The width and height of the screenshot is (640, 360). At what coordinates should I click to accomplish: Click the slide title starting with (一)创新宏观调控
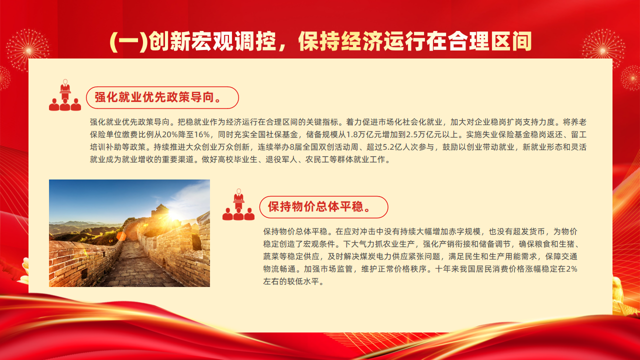(320, 41)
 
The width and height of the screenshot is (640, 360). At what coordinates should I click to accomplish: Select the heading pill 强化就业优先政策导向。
(162, 97)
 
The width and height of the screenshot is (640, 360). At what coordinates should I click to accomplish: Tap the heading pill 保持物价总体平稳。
(323, 207)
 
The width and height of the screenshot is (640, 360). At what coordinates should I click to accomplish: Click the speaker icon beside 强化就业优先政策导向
(65, 95)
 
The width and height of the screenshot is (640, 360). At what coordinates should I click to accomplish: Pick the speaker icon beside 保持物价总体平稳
(238, 204)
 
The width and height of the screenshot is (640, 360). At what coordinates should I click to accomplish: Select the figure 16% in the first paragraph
(201, 134)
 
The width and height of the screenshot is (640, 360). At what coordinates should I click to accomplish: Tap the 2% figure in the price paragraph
(571, 269)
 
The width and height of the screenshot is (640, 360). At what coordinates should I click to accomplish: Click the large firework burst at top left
(28, 51)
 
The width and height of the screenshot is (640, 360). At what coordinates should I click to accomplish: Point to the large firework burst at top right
(603, 50)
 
